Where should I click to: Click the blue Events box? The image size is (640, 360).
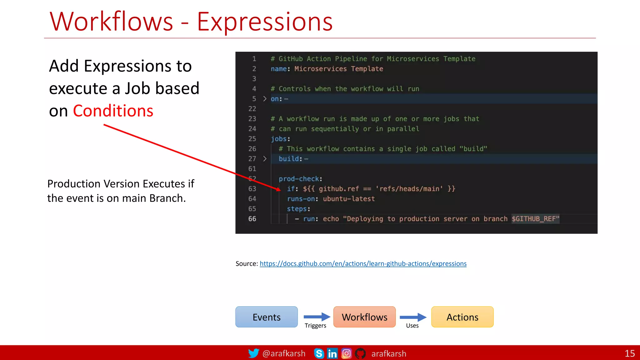[266, 317]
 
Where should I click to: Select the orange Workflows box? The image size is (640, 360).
[364, 317]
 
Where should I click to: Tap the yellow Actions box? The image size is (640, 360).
[462, 317]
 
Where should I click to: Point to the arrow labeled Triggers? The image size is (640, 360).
[317, 317]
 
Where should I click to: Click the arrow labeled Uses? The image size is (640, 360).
[413, 317]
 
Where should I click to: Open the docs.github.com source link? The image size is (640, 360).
[363, 263]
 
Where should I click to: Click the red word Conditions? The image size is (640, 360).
[113, 111]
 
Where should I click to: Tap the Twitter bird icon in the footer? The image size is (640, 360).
[253, 353]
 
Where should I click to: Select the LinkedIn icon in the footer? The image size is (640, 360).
[332, 353]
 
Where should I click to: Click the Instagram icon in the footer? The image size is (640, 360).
[346, 353]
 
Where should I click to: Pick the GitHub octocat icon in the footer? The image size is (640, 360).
[360, 353]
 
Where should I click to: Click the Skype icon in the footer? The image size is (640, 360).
[319, 353]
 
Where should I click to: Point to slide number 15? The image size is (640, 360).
[629, 353]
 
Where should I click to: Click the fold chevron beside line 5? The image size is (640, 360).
[265, 99]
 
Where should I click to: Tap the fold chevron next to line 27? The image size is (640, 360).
[265, 159]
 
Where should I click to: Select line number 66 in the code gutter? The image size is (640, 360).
[252, 219]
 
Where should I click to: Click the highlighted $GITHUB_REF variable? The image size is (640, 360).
[535, 219]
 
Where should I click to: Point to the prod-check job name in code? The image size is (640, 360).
[299, 179]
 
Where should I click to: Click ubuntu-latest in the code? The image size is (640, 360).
[349, 199]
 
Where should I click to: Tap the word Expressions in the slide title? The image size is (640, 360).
[265, 22]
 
